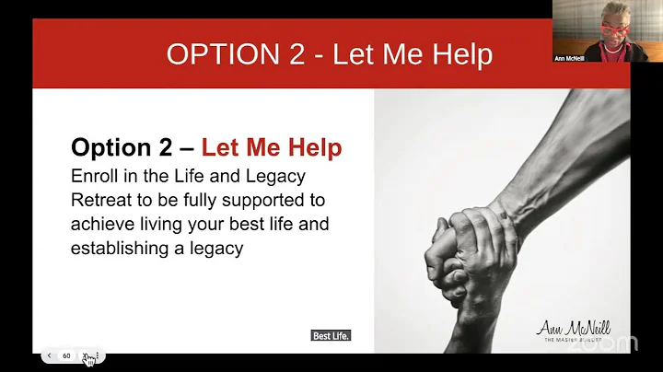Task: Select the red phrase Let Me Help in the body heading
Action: click(272, 147)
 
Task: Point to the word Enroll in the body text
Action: click(94, 175)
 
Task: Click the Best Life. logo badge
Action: click(331, 336)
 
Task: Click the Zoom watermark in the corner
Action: click(614, 343)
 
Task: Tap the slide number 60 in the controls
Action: click(66, 355)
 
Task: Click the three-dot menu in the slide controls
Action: click(100, 355)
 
